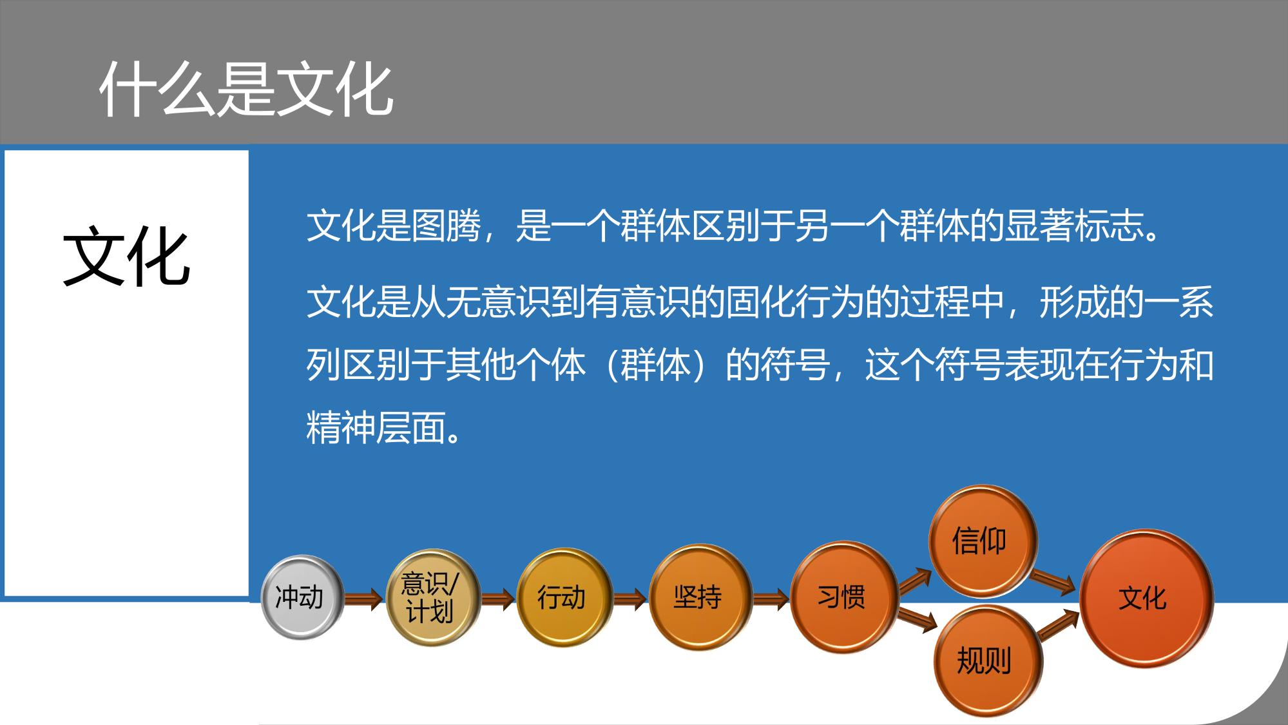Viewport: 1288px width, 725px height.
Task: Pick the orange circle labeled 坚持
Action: click(700, 597)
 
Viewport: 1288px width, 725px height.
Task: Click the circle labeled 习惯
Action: click(844, 597)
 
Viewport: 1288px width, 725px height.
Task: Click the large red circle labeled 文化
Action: click(1146, 598)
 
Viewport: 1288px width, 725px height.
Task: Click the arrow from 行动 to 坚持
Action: click(630, 599)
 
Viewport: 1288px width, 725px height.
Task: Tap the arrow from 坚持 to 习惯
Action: click(771, 599)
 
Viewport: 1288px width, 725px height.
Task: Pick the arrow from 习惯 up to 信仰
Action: click(915, 579)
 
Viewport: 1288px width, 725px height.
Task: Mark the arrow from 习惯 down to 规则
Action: click(918, 619)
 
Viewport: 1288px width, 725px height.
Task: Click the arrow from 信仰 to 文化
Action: click(1052, 581)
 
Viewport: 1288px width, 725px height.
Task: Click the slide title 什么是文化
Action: click(247, 90)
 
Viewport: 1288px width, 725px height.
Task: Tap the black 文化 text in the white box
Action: click(126, 256)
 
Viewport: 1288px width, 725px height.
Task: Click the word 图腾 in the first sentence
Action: click(447, 226)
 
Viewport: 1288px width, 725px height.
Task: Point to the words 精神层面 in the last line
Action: click(376, 427)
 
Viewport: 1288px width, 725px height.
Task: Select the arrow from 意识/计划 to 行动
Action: click(498, 599)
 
